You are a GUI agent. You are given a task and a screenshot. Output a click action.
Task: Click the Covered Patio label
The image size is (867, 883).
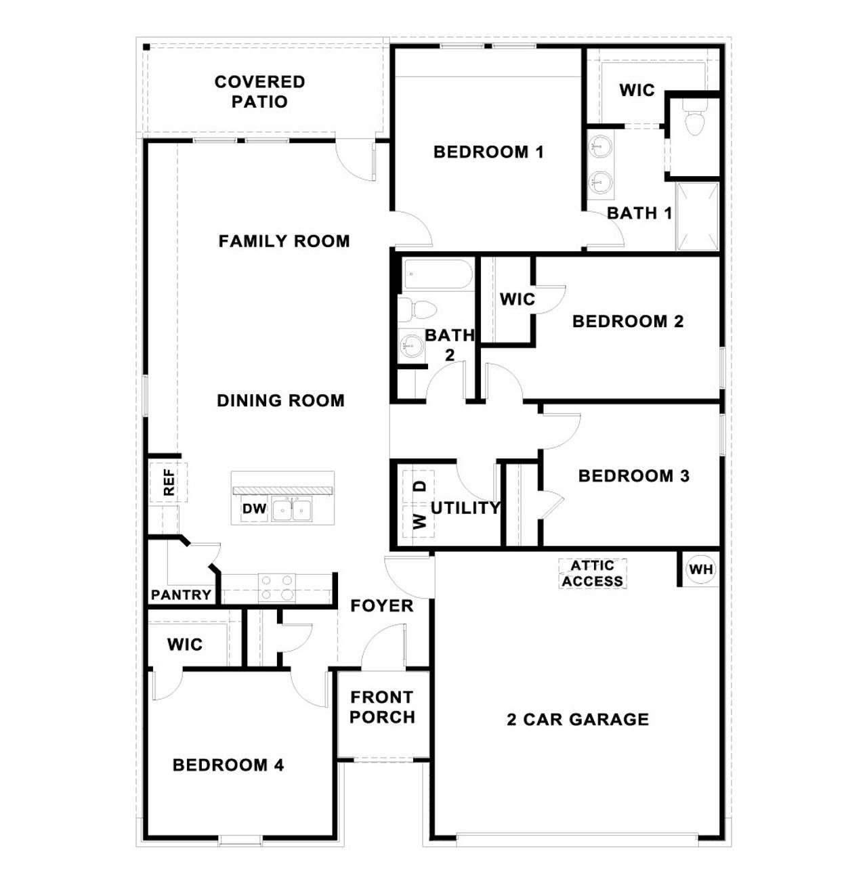(259, 91)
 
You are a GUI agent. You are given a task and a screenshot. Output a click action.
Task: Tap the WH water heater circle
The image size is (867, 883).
(701, 569)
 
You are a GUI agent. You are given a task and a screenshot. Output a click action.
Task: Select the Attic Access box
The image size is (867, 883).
(593, 574)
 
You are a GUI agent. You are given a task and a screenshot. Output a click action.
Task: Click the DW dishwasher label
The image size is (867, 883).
(255, 509)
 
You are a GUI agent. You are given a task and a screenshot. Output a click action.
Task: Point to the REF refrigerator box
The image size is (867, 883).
(168, 482)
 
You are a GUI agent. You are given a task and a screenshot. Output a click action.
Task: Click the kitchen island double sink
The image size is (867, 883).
(293, 510)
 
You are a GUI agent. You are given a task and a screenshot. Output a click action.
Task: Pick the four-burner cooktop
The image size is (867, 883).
(277, 588)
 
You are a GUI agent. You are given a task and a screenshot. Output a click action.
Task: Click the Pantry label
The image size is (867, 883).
(181, 595)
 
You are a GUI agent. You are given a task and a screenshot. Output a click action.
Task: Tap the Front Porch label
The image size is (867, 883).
(383, 707)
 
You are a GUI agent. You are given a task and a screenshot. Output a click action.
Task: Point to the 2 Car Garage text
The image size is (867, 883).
(578, 719)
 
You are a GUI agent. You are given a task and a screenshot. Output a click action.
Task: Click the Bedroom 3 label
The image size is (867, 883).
(633, 476)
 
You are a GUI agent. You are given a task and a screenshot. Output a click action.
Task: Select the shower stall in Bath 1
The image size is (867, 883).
(697, 216)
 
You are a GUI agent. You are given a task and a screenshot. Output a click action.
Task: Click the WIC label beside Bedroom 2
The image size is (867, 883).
(517, 299)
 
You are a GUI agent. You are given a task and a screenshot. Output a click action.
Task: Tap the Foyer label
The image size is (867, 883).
(382, 606)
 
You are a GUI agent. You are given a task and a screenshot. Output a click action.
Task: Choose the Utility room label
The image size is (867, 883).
(465, 508)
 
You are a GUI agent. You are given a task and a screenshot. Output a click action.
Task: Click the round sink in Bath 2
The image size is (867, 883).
(410, 345)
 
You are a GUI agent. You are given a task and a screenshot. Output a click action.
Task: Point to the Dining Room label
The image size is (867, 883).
(280, 401)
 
